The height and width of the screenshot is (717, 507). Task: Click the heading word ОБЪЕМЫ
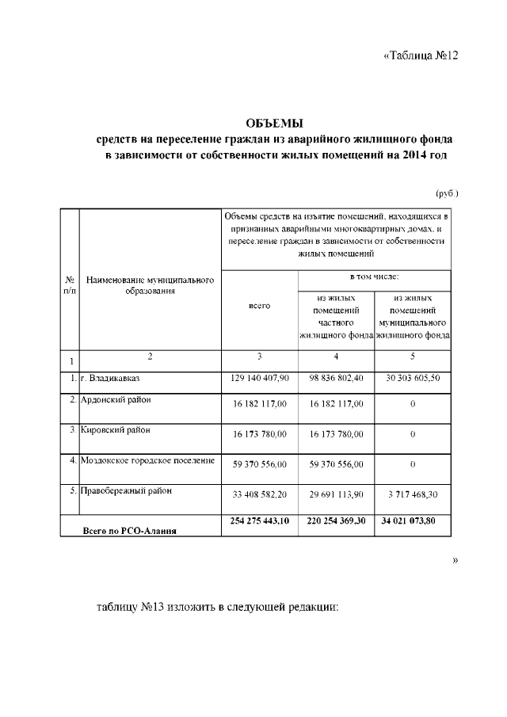(275, 123)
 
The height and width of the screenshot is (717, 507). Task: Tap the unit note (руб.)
(448, 193)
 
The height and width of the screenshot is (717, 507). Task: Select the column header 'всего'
(259, 305)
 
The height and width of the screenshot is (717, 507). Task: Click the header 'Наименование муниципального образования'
(151, 285)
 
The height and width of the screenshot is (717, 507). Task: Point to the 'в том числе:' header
(375, 277)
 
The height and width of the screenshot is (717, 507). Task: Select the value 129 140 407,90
(259, 379)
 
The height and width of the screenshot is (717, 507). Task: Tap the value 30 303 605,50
(413, 379)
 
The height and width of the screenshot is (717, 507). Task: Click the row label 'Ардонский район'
(116, 399)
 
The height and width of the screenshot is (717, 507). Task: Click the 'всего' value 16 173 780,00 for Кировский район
(259, 434)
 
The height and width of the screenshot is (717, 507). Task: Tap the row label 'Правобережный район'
(120, 490)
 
